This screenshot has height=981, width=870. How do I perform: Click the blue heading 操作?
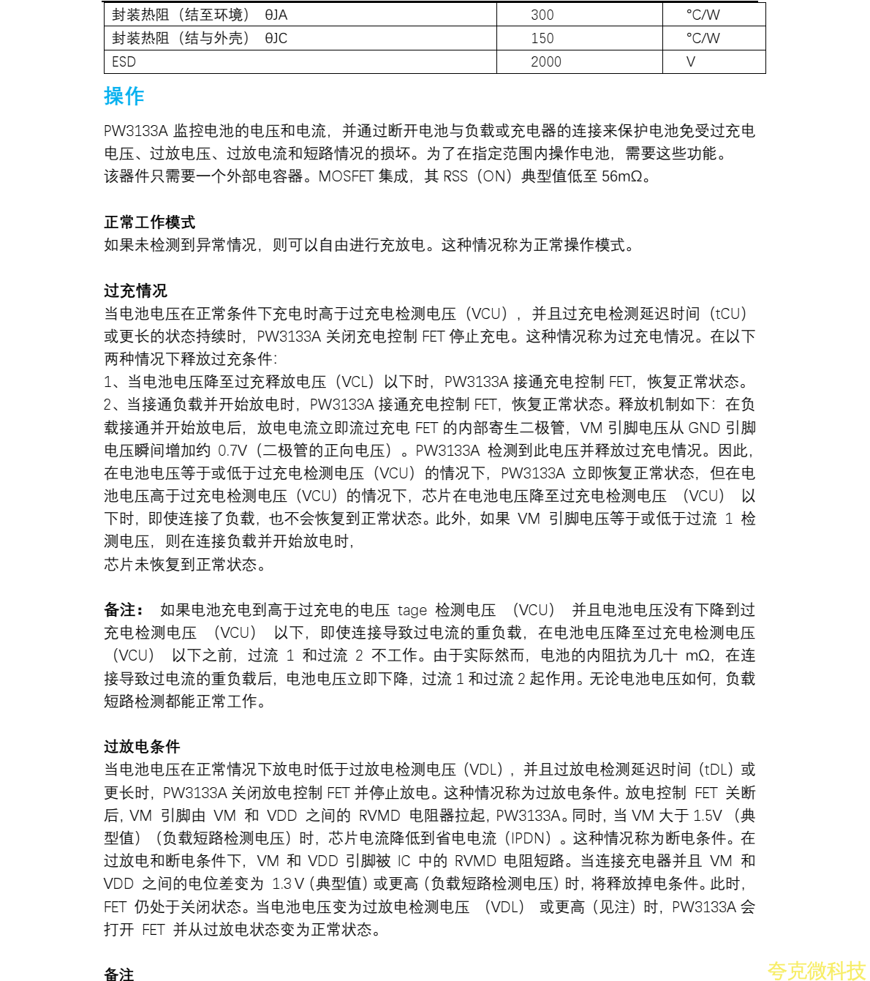124,96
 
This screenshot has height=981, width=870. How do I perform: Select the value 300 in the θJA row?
542,15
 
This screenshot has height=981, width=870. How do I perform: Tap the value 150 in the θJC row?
542,38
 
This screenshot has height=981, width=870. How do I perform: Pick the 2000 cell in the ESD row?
545,62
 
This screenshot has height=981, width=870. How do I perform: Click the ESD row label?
124,62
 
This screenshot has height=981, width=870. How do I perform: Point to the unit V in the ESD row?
690,62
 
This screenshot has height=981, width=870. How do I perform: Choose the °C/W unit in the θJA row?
703,15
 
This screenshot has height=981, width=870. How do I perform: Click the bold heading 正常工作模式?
149,222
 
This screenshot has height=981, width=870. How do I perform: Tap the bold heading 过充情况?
135,290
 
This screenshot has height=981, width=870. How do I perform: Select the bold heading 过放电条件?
142,746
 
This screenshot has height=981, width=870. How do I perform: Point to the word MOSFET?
346,176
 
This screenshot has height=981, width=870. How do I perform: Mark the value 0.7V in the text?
232,450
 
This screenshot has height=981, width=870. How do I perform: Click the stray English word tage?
412,610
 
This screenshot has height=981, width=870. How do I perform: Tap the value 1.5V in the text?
707,816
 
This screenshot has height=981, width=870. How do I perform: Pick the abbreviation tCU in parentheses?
730,314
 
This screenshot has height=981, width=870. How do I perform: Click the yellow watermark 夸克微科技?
816,971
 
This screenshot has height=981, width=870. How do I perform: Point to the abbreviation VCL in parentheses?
356,382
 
